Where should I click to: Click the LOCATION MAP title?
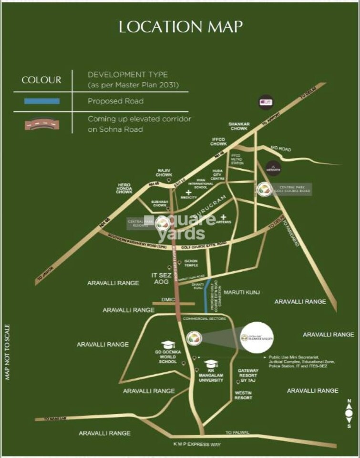(x=181, y=27)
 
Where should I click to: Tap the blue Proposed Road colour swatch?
(x=42, y=101)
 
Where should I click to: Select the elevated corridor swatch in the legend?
(x=42, y=124)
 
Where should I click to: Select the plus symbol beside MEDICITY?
(x=189, y=192)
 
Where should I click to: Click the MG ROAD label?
(x=280, y=149)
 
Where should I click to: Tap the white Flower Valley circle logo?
(x=257, y=337)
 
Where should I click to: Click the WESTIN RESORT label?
(x=243, y=395)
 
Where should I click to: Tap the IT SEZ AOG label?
(x=161, y=279)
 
